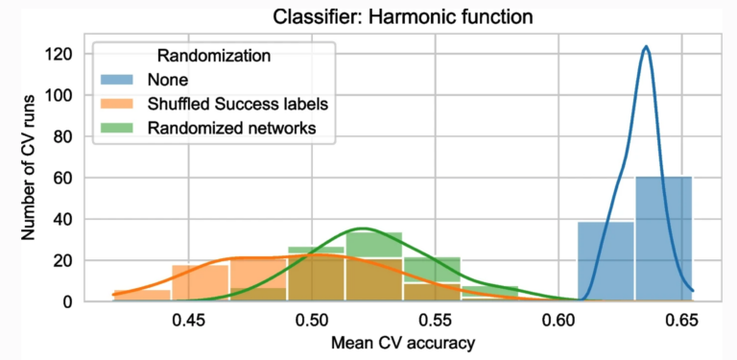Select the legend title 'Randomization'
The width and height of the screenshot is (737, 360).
click(x=203, y=56)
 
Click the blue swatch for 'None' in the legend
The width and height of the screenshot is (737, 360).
click(x=119, y=80)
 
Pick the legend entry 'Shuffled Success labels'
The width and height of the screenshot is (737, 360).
click(x=230, y=104)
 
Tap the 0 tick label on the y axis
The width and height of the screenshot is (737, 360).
click(x=66, y=301)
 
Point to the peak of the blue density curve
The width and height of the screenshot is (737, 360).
click(x=646, y=47)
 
